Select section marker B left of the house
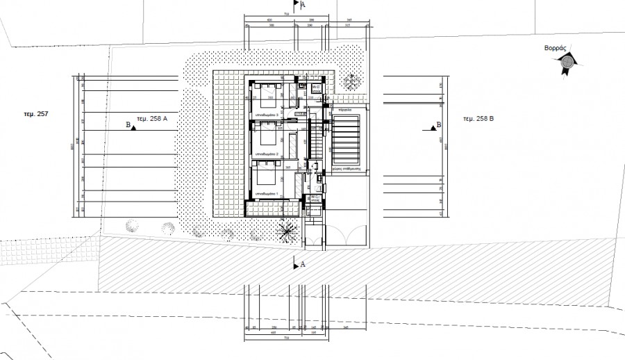[x=129, y=126]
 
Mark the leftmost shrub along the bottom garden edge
[x=130, y=224]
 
